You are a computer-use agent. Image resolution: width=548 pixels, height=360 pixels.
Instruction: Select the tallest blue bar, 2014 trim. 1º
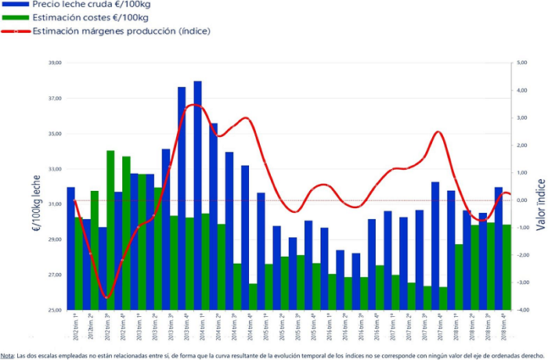[x=197, y=196]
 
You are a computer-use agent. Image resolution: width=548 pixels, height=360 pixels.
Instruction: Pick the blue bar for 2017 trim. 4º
[x=434, y=246]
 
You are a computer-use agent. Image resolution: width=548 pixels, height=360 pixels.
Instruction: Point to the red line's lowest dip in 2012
[x=108, y=297]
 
